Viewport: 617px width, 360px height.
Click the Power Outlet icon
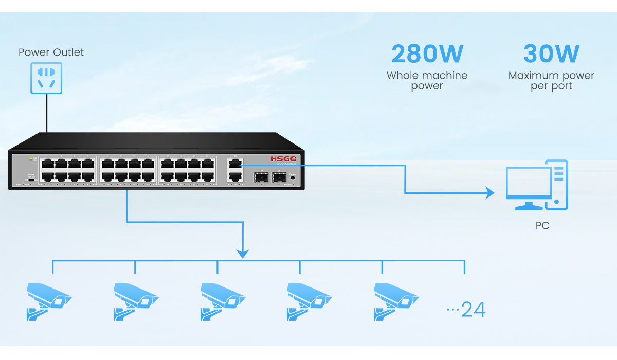click(46, 78)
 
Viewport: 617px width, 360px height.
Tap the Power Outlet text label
click(51, 52)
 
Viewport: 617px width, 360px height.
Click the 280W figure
click(427, 54)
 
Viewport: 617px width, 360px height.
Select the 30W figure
click(551, 54)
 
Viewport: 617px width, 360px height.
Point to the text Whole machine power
click(427, 81)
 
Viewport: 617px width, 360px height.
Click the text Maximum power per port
click(551, 81)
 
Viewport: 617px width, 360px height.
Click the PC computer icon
click(537, 185)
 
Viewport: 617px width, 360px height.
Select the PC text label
click(542, 226)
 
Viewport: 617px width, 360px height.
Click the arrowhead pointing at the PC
click(489, 193)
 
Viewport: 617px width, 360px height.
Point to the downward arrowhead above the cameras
click(243, 254)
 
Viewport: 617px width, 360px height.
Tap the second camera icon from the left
click(135, 301)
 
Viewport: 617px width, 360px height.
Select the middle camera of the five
click(222, 301)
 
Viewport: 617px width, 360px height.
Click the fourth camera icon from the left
click(308, 301)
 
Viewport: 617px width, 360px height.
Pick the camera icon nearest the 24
click(395, 301)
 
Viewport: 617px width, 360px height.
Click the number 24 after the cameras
click(473, 310)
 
